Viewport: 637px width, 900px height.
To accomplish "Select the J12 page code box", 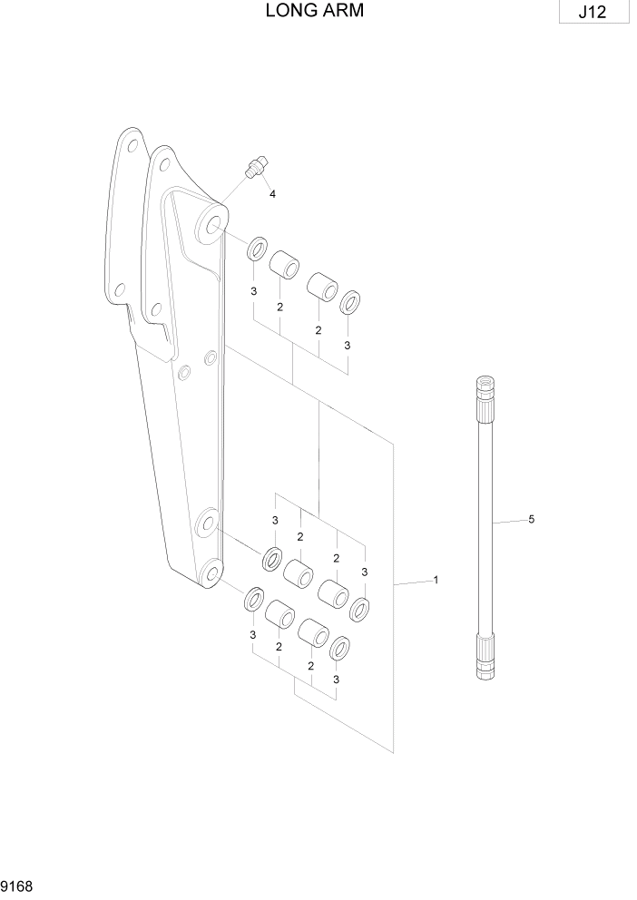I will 594,14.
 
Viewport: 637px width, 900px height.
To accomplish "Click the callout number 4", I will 271,194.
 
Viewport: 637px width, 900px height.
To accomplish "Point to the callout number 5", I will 531,520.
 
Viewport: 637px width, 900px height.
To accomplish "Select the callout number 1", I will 436,580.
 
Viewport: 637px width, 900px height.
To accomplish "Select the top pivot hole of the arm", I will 212,220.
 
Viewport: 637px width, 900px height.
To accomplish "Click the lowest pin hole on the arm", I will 210,571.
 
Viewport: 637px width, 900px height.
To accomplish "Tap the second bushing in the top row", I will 322,286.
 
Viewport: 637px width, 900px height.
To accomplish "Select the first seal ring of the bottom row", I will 253,600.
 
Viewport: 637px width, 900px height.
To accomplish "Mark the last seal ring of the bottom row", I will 340,647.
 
